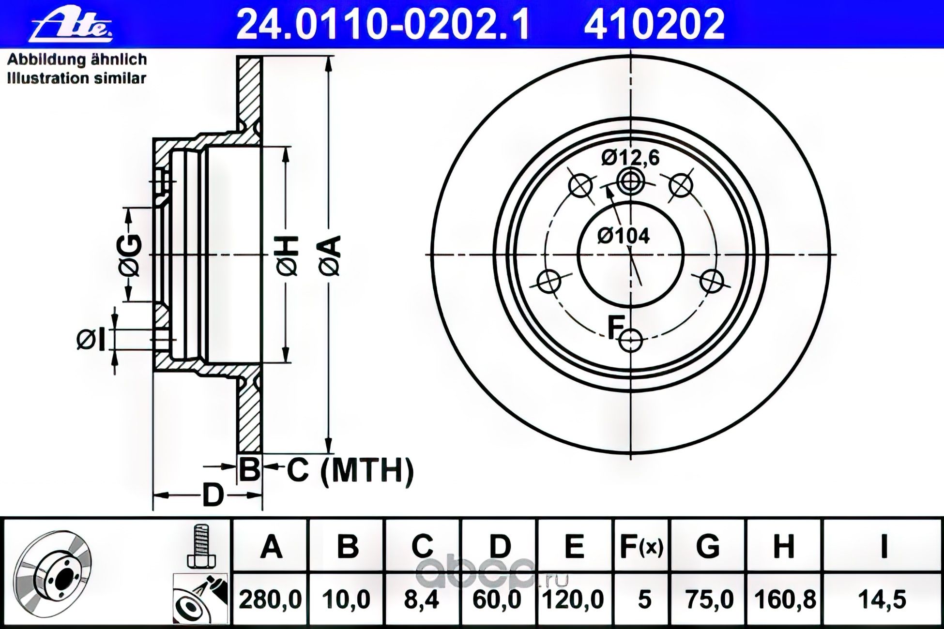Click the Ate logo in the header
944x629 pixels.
click(72, 25)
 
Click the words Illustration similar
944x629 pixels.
click(76, 78)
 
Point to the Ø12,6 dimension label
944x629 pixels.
click(630, 158)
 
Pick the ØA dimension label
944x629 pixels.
click(332, 256)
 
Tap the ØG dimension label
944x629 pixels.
click(130, 256)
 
